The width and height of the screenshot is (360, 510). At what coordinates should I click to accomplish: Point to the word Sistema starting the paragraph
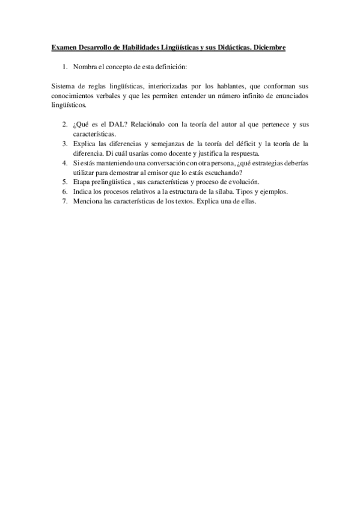pyautogui.click(x=64, y=86)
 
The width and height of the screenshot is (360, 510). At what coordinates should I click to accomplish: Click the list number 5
pyautogui.click(x=64, y=182)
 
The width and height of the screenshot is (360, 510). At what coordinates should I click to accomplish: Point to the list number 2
pyautogui.click(x=64, y=124)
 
